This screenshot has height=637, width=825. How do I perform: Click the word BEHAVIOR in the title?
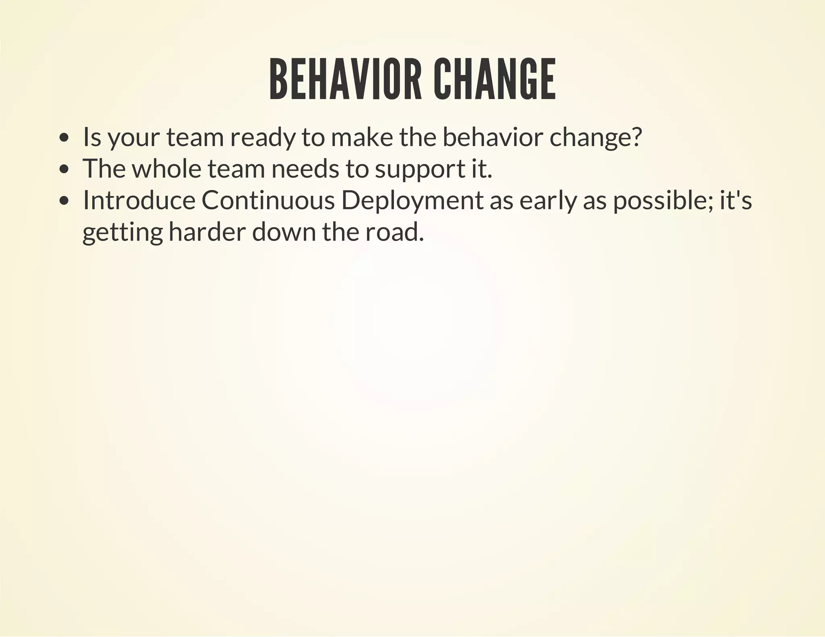pos(345,80)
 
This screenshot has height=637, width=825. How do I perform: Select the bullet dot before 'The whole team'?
pos(64,170)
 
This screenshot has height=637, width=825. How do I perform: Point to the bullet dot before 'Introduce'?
pos(64,201)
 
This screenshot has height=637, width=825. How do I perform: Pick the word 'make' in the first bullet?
pos(361,137)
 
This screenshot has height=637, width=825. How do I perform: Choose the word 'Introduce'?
pos(139,200)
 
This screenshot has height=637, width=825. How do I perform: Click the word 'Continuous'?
pos(268,200)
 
